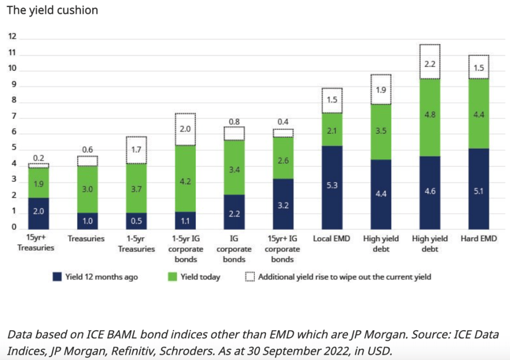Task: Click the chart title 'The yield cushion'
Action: (52, 10)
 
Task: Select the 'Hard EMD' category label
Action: (479, 239)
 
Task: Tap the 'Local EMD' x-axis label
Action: (332, 239)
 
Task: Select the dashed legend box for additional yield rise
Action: (250, 277)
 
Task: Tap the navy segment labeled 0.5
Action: (136, 220)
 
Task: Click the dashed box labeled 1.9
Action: (381, 90)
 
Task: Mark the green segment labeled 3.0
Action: (87, 189)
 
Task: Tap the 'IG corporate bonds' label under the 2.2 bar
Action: (234, 249)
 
